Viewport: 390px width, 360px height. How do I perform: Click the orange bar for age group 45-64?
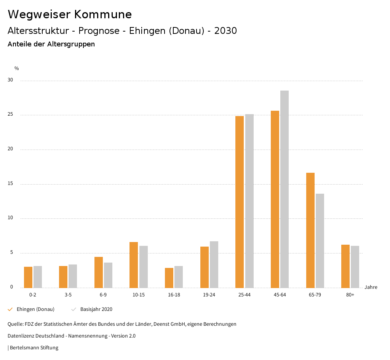pyautogui.click(x=275, y=199)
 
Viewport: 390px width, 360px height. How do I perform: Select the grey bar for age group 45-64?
pyautogui.click(x=285, y=189)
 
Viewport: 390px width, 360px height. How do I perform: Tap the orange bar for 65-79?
pyautogui.click(x=310, y=230)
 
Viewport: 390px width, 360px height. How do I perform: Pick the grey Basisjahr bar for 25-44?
pyautogui.click(x=249, y=201)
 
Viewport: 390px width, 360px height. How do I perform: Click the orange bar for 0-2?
pyautogui.click(x=28, y=277)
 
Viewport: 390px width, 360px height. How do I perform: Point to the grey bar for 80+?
pyautogui.click(x=355, y=267)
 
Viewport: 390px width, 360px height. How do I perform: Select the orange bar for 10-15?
pyautogui.click(x=134, y=265)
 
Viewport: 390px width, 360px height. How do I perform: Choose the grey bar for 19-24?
pyautogui.click(x=214, y=264)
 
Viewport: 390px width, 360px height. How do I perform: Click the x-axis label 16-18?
pyautogui.click(x=174, y=295)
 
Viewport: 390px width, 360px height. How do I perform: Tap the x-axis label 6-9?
pyautogui.click(x=103, y=295)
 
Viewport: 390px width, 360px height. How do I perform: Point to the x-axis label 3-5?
pyautogui.click(x=68, y=295)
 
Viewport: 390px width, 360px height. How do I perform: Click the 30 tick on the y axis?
pyautogui.click(x=10, y=80)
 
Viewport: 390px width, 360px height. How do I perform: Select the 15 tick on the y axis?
pyautogui.click(x=10, y=184)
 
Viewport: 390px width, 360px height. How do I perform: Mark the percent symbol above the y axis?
pyautogui.click(x=16, y=68)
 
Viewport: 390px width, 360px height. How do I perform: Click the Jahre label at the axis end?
pyautogui.click(x=371, y=287)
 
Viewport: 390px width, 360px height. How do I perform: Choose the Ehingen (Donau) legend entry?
pyautogui.click(x=35, y=309)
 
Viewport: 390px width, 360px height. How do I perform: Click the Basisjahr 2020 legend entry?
pyautogui.click(x=96, y=309)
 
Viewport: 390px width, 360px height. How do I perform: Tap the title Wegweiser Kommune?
pyautogui.click(x=70, y=14)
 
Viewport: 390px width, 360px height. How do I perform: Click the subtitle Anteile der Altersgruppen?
pyautogui.click(x=51, y=44)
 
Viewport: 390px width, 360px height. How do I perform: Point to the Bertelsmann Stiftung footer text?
pyautogui.click(x=34, y=347)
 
